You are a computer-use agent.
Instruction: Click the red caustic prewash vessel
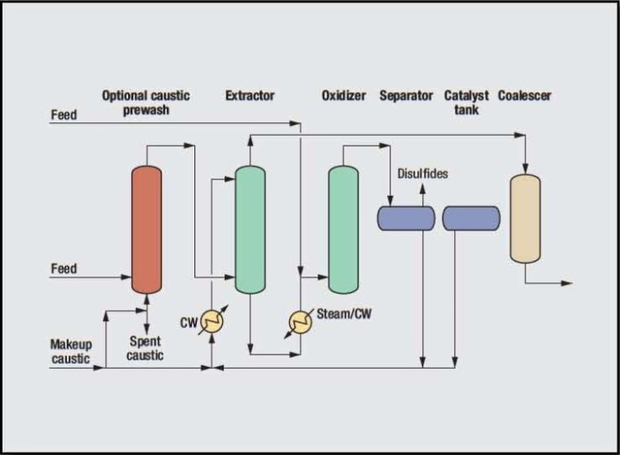[x=147, y=229]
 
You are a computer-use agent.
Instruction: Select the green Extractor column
[x=250, y=229]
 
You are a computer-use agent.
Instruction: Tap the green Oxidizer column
[x=343, y=229]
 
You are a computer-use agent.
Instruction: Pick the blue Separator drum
[x=406, y=218]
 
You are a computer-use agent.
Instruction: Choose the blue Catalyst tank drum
[x=471, y=218]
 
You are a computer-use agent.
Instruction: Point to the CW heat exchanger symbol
[x=214, y=322]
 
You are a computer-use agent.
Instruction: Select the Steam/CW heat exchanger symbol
[x=300, y=321]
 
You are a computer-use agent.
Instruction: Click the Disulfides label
[x=422, y=173]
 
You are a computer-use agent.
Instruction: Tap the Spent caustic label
[x=146, y=348]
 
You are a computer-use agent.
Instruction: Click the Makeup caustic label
[x=71, y=350]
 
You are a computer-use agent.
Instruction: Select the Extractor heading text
[x=250, y=96]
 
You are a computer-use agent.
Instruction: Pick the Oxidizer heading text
[x=344, y=96]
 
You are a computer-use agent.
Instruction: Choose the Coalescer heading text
[x=524, y=96]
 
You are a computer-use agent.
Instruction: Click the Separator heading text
[x=406, y=96]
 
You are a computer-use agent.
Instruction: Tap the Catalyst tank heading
[x=467, y=102]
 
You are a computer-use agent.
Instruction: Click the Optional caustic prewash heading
[x=146, y=102]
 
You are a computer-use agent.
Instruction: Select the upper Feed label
[x=64, y=115]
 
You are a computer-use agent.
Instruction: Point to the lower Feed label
[x=64, y=269]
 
